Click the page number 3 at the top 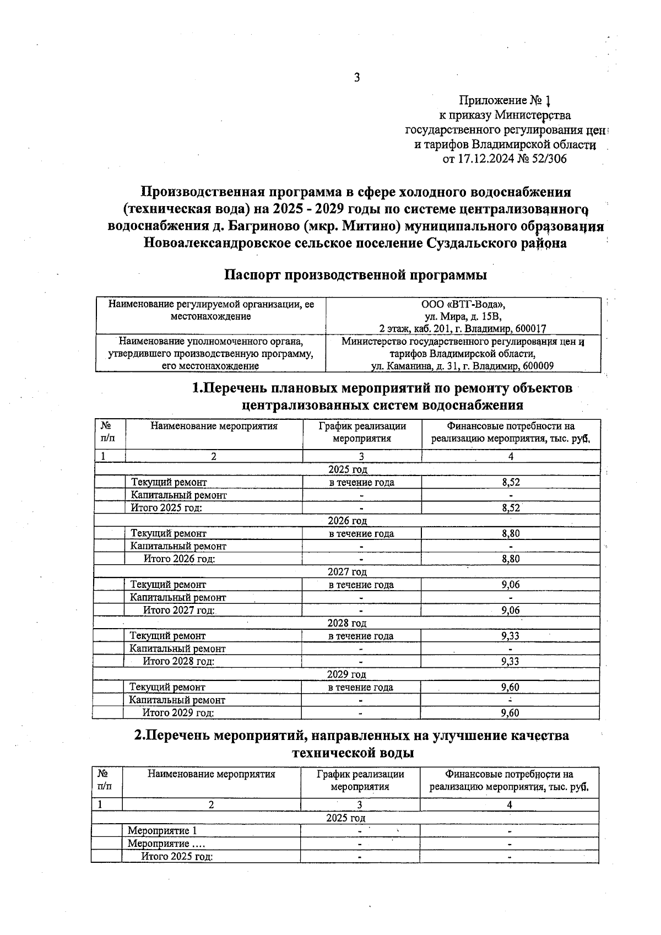click(x=357, y=78)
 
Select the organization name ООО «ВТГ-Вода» click(x=463, y=304)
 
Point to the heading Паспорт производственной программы click(x=355, y=274)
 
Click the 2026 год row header click(x=347, y=521)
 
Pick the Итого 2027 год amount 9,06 click(x=511, y=610)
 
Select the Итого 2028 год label click(x=178, y=661)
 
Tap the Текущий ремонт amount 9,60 click(x=510, y=687)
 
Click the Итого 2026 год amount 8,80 click(x=511, y=559)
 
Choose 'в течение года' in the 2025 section click(x=361, y=483)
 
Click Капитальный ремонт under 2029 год click(x=177, y=700)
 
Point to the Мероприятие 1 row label click(x=162, y=830)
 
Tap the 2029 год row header click(x=346, y=674)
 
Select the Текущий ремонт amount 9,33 click(x=510, y=636)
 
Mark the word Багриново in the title click(x=254, y=226)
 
